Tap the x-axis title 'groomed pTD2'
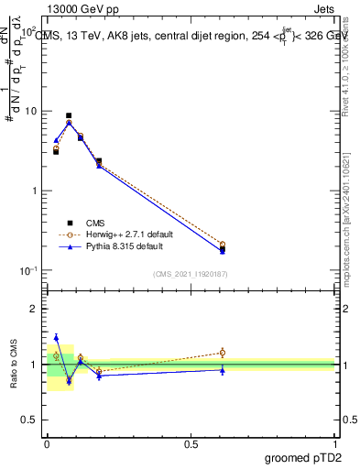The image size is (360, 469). [x=302, y=457]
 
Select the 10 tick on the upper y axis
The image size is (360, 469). [x=30, y=112]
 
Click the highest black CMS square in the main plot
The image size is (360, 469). [x=69, y=116]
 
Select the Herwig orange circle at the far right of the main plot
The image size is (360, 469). [x=222, y=245]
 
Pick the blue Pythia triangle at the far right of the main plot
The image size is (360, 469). [x=222, y=250]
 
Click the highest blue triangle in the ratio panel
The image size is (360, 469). [x=56, y=337]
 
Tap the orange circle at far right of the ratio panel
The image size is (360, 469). [x=222, y=352]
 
